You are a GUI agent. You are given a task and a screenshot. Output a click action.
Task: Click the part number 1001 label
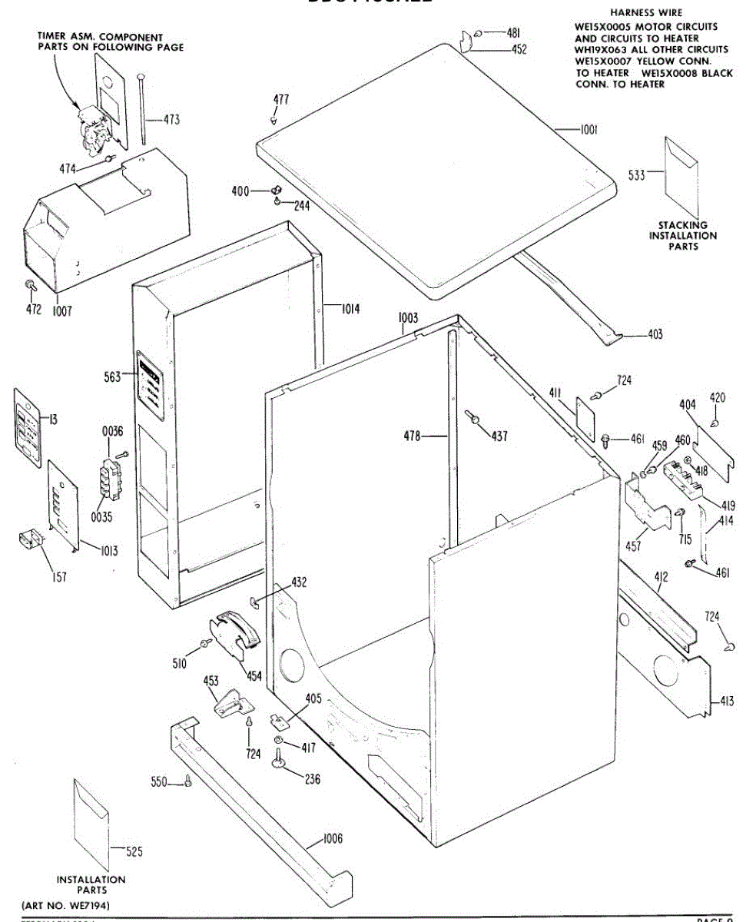(x=589, y=130)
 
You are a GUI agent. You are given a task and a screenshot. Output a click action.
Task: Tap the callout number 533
(x=636, y=175)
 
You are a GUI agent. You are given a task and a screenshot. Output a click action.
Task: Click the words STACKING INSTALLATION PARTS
(x=683, y=236)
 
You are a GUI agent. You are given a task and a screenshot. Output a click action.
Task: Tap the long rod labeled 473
(x=143, y=108)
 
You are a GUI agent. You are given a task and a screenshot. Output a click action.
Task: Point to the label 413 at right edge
(x=727, y=701)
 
